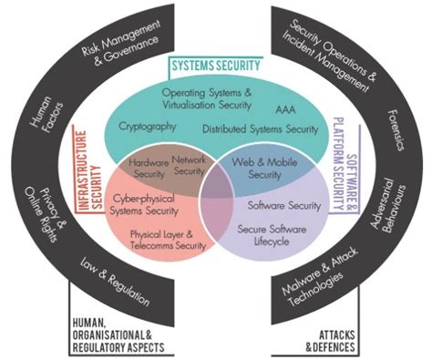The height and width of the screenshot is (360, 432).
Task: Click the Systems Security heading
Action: click(216, 66)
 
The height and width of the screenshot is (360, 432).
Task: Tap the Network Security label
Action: click(190, 164)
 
